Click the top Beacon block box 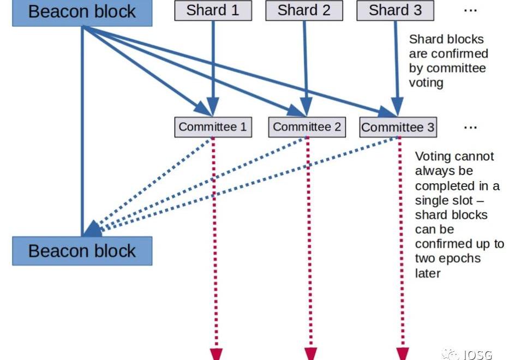tap(82, 12)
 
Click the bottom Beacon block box tap(82, 251)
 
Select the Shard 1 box tap(213, 10)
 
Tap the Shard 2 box tap(304, 10)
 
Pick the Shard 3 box tap(396, 10)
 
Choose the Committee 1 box tap(213, 127)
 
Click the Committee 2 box tap(307, 127)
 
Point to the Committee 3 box tap(398, 128)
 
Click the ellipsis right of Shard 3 tap(470, 11)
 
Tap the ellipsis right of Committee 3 tap(470, 127)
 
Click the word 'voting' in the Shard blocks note tap(426, 83)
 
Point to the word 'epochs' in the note tap(463, 258)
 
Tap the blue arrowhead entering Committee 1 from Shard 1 tap(213, 107)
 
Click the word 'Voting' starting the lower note tap(433, 157)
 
